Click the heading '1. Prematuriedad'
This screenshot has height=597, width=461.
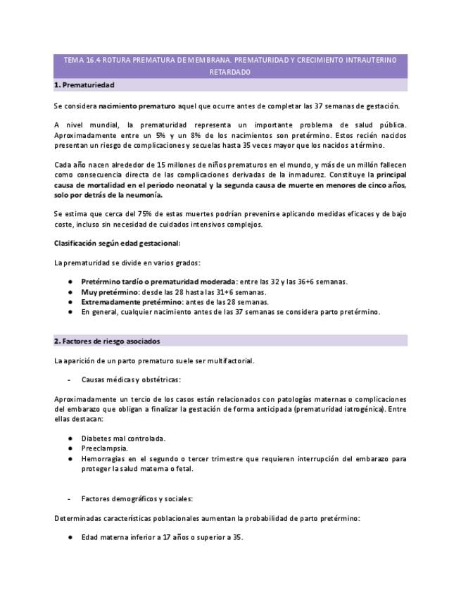(x=84, y=85)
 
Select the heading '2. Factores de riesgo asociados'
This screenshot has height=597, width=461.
(x=107, y=341)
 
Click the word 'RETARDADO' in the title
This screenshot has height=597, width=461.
(x=230, y=73)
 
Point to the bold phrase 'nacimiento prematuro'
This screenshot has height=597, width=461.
(x=137, y=106)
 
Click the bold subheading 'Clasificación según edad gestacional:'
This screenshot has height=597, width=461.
(x=117, y=243)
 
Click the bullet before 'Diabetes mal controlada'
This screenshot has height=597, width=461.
(x=71, y=438)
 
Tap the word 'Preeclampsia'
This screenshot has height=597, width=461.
(x=104, y=448)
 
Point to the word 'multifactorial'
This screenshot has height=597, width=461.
(x=229, y=361)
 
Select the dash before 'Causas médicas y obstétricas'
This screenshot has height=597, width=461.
(x=69, y=379)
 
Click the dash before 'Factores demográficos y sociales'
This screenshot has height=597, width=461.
(x=69, y=499)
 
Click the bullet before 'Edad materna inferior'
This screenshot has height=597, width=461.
(x=71, y=538)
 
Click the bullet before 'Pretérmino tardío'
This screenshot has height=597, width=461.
(x=71, y=282)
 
